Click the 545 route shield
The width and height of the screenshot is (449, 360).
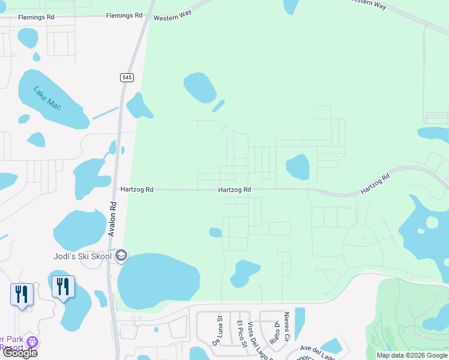126,77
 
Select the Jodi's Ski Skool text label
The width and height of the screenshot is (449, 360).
82,256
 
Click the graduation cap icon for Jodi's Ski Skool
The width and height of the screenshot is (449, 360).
122,256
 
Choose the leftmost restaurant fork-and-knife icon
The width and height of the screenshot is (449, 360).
22,294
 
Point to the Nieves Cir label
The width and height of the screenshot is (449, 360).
287,326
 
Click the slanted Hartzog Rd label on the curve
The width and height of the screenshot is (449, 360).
375,184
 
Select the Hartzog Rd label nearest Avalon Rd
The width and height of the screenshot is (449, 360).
137,190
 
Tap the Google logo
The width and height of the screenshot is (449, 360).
20,352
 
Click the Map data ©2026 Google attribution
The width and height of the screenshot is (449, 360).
412,355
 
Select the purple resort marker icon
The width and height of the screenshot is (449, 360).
32,342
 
